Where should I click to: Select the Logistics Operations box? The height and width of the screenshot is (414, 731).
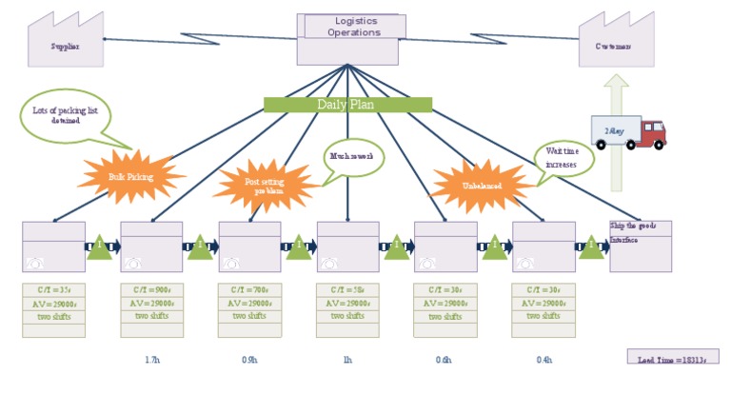coord(347,39)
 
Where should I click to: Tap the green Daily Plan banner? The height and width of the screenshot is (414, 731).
coord(347,105)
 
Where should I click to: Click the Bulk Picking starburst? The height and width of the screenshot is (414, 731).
coord(130,176)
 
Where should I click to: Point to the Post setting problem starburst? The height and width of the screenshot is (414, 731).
coord(265,185)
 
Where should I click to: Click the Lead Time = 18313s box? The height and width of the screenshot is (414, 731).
coord(672,357)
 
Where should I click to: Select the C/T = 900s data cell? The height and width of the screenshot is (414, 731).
coord(151,289)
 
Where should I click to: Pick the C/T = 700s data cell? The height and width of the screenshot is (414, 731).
coord(249,289)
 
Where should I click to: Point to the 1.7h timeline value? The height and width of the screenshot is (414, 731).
coord(151,360)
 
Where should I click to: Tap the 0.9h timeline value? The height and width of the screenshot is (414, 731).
coord(249,360)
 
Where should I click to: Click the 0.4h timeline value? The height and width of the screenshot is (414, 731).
coord(543,360)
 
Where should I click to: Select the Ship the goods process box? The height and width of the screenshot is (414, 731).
coord(641,246)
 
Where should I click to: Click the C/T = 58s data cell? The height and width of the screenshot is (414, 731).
coord(347,289)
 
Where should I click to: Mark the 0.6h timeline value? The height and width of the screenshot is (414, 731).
coord(445,360)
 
